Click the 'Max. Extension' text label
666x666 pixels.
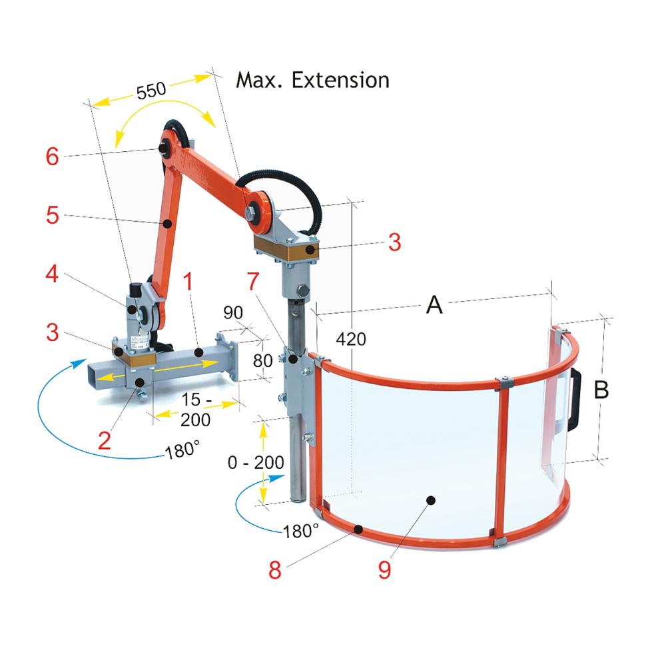point(312,81)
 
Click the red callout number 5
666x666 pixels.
point(53,216)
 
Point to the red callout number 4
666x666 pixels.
point(53,274)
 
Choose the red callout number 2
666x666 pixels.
point(104,440)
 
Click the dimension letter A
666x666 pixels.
point(434,306)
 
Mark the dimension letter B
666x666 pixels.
point(601,390)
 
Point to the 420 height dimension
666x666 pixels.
point(351,339)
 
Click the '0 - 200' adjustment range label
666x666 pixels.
point(255,462)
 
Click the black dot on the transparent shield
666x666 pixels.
point(431,499)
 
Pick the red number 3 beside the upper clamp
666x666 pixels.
point(394,242)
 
